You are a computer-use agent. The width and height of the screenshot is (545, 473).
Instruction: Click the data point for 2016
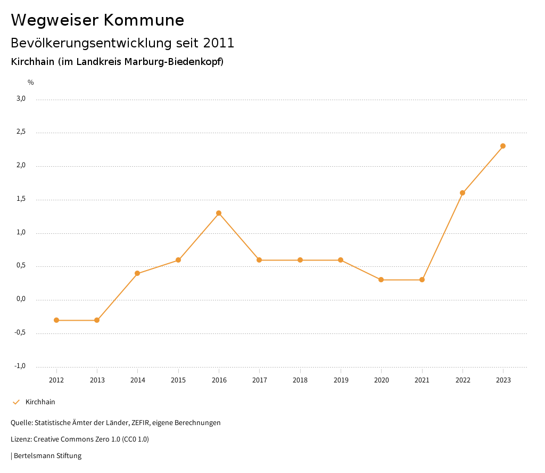pos(219,213)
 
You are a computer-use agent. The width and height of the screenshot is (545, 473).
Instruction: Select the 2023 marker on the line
pos(503,146)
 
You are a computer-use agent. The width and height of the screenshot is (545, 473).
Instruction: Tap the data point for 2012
pos(56,320)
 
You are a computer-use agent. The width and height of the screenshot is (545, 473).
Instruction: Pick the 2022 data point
pos(463,193)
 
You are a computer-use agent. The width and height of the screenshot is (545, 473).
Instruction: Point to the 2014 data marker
pos(137,273)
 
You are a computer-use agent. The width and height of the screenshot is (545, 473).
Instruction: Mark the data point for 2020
pos(381,280)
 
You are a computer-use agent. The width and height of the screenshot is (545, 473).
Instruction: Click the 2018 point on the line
pos(300,260)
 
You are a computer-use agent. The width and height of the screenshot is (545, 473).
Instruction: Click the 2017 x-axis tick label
pos(259,380)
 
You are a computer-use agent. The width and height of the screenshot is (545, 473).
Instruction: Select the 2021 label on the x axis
pos(422,380)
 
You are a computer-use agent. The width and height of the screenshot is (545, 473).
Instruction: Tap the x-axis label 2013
pos(97,380)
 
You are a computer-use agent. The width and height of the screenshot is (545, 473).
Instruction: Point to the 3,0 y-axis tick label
pos(21,99)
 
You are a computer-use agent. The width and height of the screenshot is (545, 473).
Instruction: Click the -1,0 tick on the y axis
pos(20,366)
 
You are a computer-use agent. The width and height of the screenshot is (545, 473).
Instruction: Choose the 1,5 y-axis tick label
pos(21,199)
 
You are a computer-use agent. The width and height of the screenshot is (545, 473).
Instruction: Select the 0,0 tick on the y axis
pos(21,299)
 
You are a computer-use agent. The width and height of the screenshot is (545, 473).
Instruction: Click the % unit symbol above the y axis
pos(31,83)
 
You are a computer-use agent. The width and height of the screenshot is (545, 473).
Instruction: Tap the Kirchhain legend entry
pos(40,402)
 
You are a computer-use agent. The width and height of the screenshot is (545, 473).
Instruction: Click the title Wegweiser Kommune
pos(97,20)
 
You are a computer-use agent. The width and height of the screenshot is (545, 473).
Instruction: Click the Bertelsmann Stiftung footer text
pos(47,456)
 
